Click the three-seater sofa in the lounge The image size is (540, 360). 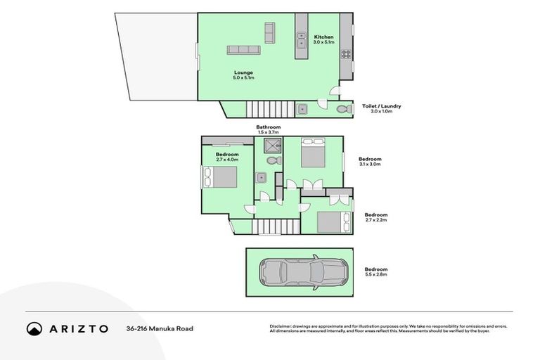[243, 50]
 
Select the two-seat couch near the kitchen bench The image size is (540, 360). [269, 32]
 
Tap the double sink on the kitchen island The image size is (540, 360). [301, 41]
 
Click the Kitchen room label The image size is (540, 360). [323, 37]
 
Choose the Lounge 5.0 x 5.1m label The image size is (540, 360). [243, 75]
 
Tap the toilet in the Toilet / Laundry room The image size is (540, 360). [342, 109]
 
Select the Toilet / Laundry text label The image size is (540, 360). [381, 105]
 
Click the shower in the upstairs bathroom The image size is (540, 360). [272, 146]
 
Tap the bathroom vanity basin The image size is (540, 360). [262, 177]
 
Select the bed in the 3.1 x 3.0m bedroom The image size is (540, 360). [313, 151]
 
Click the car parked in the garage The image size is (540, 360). [304, 271]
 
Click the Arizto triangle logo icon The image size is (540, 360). [34, 328]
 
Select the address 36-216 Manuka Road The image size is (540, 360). [160, 328]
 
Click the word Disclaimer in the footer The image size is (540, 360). [280, 326]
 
